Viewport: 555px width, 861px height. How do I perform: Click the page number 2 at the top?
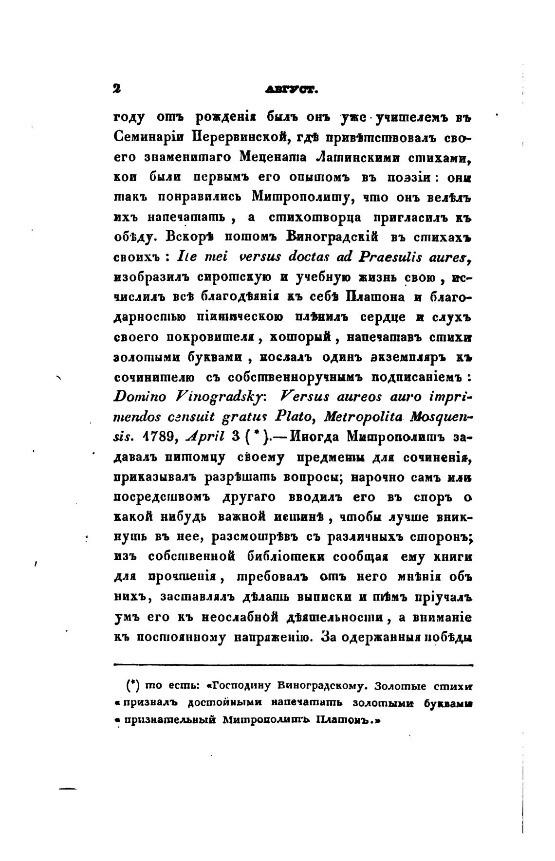(x=117, y=89)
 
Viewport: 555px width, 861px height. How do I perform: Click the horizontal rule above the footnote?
(x=293, y=664)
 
